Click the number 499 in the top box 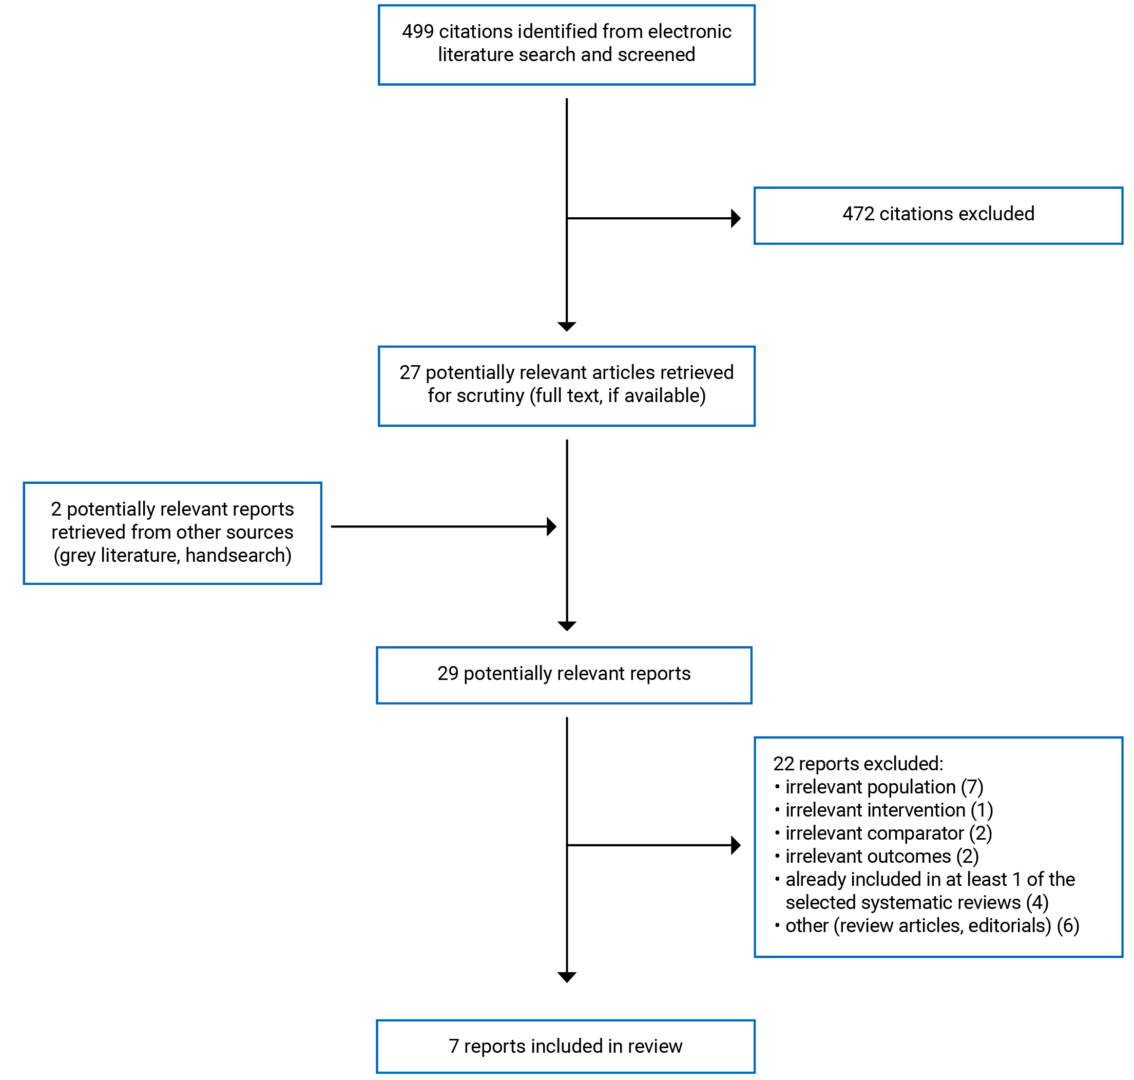(418, 32)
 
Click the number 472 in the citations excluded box (858, 214)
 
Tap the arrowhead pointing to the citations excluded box (735, 218)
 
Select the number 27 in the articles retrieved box (410, 372)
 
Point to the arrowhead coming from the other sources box (551, 526)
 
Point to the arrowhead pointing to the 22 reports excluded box (735, 845)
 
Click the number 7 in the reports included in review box (453, 1046)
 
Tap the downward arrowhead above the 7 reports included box (567, 977)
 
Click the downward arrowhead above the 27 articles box (567, 327)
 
